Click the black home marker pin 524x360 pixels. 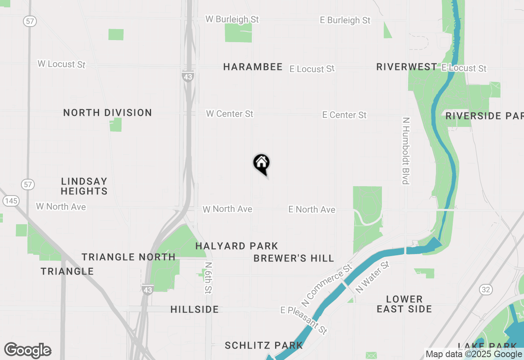pyautogui.click(x=262, y=164)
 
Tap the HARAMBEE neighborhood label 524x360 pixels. pyautogui.click(x=253, y=67)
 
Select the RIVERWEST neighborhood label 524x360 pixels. pyautogui.click(x=407, y=67)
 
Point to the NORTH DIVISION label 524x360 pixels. pyautogui.click(x=108, y=112)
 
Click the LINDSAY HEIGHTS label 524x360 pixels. pyautogui.click(x=84, y=186)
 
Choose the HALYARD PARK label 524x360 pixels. pyautogui.click(x=237, y=246)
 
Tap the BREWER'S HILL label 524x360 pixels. pyautogui.click(x=294, y=258)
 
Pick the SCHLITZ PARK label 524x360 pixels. pyautogui.click(x=264, y=345)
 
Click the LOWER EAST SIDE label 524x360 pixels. pyautogui.click(x=404, y=304)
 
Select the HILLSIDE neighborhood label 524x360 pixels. pyautogui.click(x=194, y=309)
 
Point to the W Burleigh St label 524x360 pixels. pyautogui.click(x=232, y=19)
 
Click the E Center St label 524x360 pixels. pyautogui.click(x=344, y=115)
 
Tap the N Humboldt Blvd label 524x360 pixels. pyautogui.click(x=406, y=151)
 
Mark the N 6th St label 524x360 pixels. pyautogui.click(x=208, y=278)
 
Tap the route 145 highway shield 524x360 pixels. pyautogui.click(x=11, y=200)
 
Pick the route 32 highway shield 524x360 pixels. pyautogui.click(x=486, y=290)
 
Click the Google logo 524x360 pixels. pyautogui.click(x=28, y=350)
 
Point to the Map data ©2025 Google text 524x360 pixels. pyautogui.click(x=474, y=354)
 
